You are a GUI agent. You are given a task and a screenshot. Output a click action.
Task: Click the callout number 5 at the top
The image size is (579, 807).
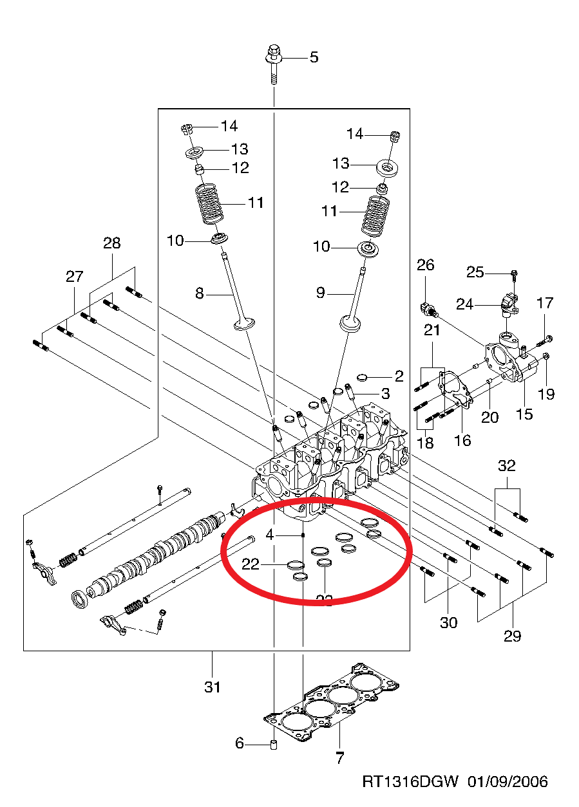pyautogui.click(x=314, y=57)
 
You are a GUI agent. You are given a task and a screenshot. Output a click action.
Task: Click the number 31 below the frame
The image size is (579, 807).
pyautogui.click(x=213, y=687)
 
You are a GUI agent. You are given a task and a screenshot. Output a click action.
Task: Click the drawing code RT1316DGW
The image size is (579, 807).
pyautogui.click(x=410, y=782)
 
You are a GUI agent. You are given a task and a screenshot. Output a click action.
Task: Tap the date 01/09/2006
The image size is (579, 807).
pyautogui.click(x=508, y=782)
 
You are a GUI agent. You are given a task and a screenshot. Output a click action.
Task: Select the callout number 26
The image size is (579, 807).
pyautogui.click(x=426, y=264)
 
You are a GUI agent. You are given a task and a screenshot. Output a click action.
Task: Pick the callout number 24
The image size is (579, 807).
pyautogui.click(x=465, y=303)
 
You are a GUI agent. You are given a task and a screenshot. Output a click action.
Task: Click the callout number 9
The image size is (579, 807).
pyautogui.click(x=321, y=293)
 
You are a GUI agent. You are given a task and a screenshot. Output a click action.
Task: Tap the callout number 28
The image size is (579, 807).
pyautogui.click(x=111, y=243)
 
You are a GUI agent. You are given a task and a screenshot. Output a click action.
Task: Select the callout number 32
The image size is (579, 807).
pyautogui.click(x=507, y=464)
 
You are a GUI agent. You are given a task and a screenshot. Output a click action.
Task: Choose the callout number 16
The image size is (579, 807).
pyautogui.click(x=462, y=440)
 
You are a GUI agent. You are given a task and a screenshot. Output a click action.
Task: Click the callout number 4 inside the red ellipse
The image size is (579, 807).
pyautogui.click(x=270, y=534)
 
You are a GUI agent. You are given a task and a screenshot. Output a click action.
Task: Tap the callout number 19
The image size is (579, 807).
pyautogui.click(x=546, y=394)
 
